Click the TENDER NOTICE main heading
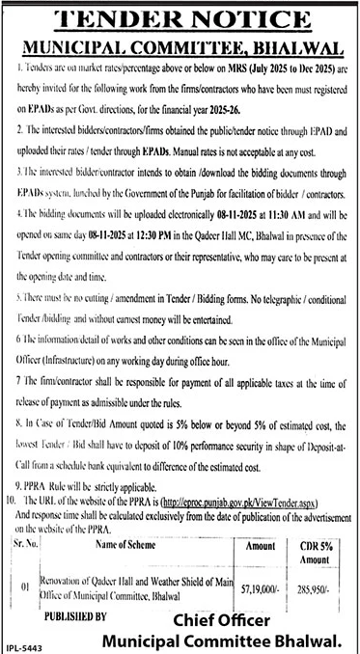tap(180, 20)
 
